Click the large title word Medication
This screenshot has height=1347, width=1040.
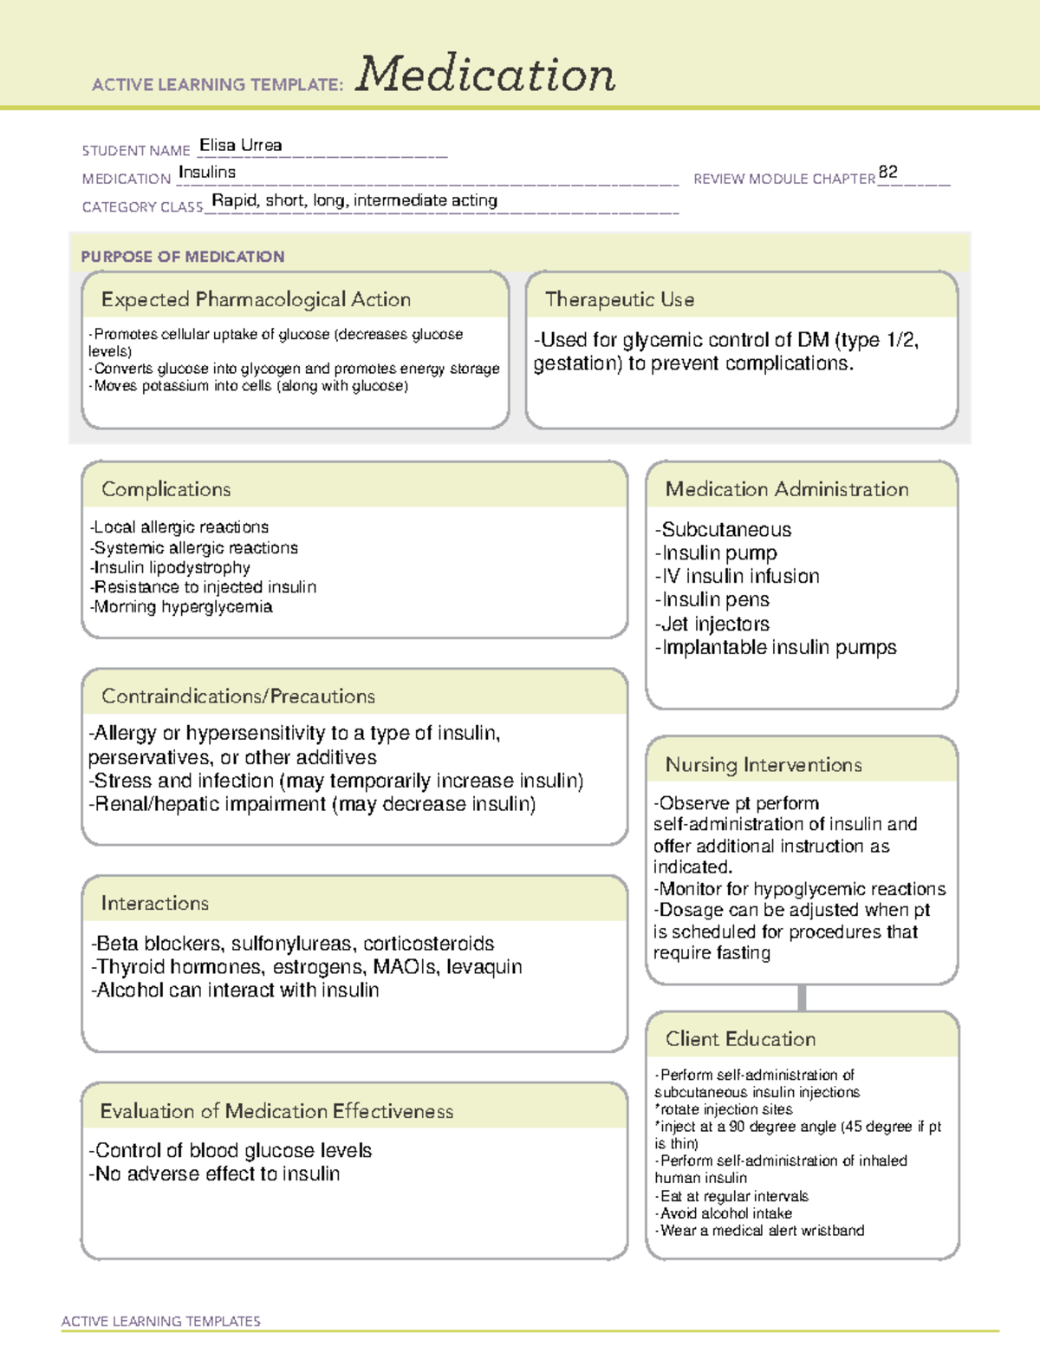pos(485,75)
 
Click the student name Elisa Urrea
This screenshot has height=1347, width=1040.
pos(240,146)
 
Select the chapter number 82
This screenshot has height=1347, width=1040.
pos(887,172)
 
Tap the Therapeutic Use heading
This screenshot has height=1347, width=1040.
pos(620,299)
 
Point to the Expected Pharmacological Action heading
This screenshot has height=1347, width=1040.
pos(256,299)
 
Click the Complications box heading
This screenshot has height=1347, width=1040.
pos(166,489)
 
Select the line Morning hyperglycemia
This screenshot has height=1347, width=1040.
pos(182,607)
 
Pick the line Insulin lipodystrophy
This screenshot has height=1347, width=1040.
pos(171,567)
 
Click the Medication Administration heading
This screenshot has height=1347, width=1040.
pos(787,489)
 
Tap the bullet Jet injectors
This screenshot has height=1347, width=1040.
pos(713,624)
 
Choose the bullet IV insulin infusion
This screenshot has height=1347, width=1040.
pos(738,576)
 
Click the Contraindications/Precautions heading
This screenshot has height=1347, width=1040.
pos(238,696)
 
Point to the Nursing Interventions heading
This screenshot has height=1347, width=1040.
pos(764,764)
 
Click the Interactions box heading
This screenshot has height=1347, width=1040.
pos(155,903)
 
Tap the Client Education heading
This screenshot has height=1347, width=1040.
pos(740,1038)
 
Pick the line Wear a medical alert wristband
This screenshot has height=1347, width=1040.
pos(761,1230)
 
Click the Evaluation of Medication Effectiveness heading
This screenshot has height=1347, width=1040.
pos(276,1111)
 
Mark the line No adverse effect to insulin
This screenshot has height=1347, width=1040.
pos(215,1174)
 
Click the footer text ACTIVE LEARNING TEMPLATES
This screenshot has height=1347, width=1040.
pos(161,1321)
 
